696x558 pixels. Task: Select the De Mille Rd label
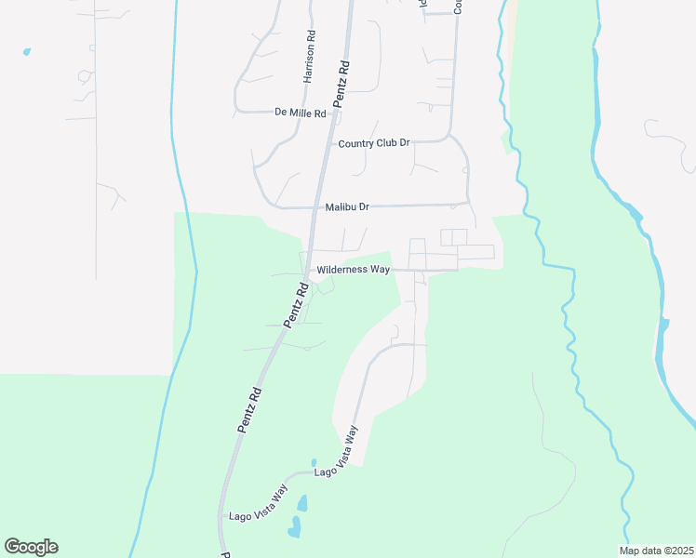pos(301,113)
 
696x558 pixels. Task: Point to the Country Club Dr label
pos(374,143)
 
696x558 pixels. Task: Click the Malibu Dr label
pos(348,206)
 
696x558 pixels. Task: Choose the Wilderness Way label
pos(354,270)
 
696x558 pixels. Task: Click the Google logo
pos(31,547)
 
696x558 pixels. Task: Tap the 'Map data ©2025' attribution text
pos(656,551)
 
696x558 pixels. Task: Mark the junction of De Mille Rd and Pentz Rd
pos(333,113)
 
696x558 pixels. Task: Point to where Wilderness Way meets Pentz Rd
pos(307,271)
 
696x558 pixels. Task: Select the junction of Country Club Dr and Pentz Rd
pos(328,144)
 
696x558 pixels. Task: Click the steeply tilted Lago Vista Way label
pos(347,445)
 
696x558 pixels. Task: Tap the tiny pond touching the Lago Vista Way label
pos(314,462)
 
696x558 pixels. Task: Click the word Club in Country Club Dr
pos(381,143)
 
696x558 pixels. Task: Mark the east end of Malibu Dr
pos(468,203)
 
